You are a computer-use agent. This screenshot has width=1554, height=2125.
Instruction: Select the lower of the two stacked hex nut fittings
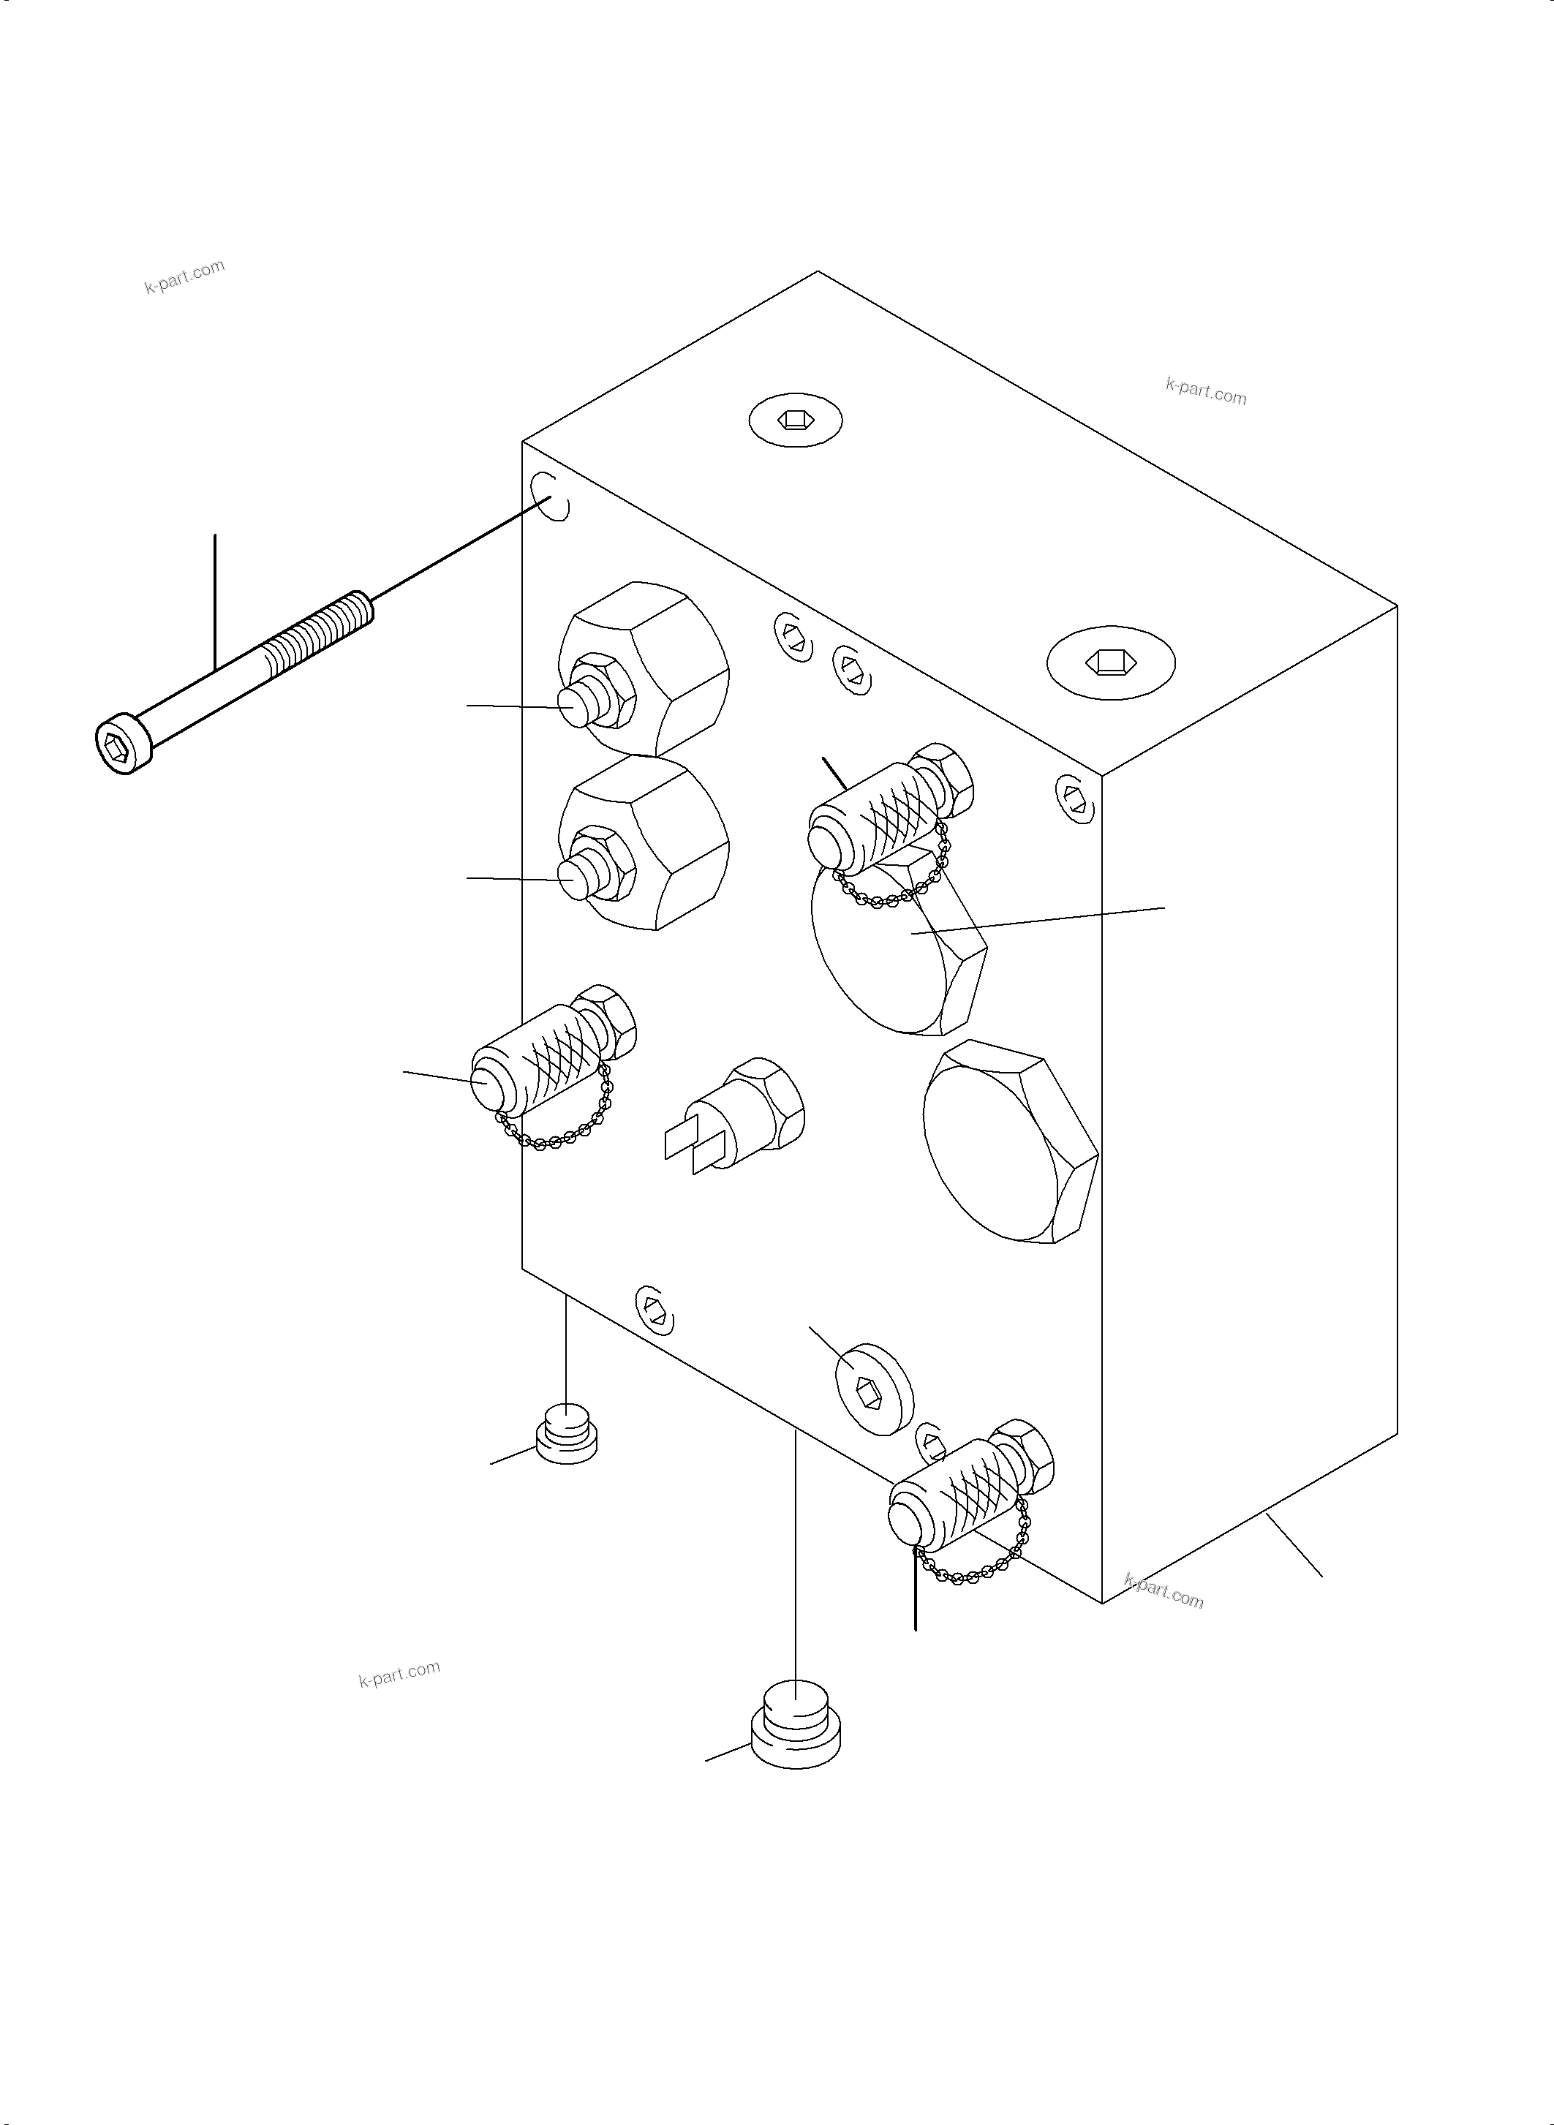coord(645,843)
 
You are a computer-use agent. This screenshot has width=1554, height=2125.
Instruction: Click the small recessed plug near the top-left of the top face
coord(795,420)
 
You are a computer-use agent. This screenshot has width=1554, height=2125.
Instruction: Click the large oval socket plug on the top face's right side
coord(1110,661)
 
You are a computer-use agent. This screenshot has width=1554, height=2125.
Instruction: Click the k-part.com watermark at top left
coord(185,276)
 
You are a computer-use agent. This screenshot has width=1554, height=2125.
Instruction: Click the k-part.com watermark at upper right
coord(1205,390)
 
